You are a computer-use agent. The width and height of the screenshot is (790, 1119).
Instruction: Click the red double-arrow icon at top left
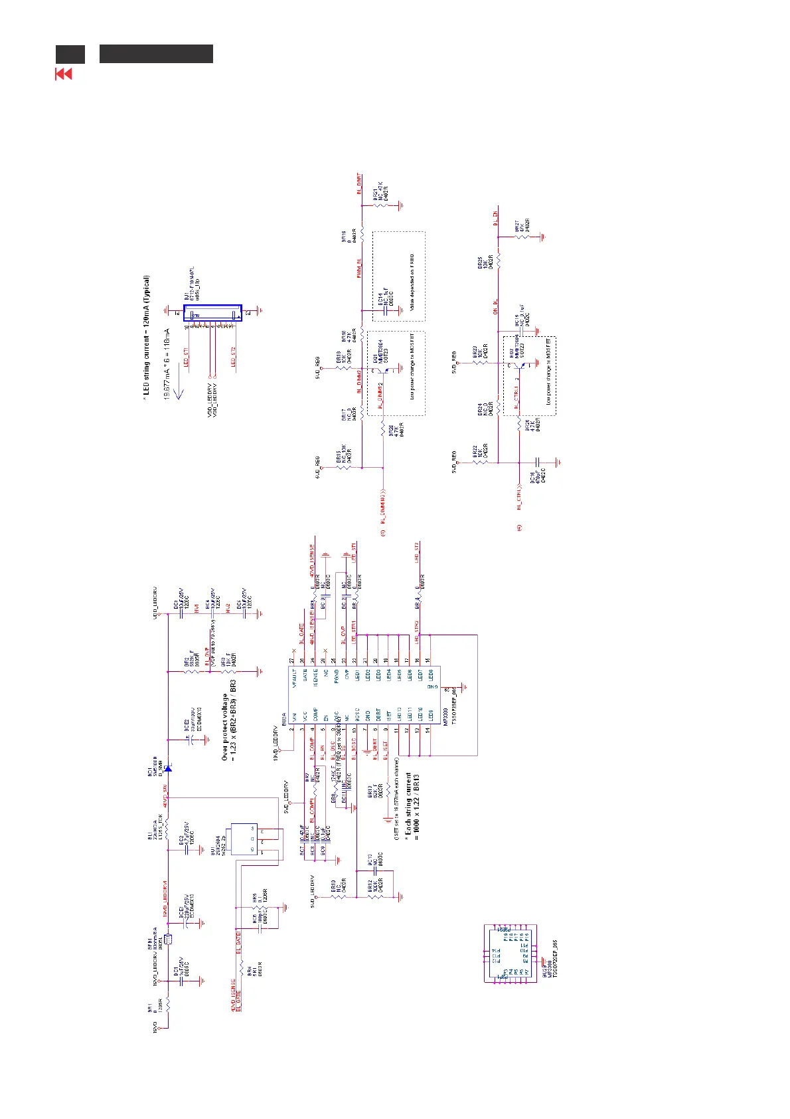(63, 74)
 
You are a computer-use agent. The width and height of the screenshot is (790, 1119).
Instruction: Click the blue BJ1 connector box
(212, 313)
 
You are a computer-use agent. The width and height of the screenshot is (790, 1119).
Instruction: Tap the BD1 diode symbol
(168, 768)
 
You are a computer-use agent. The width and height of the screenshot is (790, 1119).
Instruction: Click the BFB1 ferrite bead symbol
(168, 939)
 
